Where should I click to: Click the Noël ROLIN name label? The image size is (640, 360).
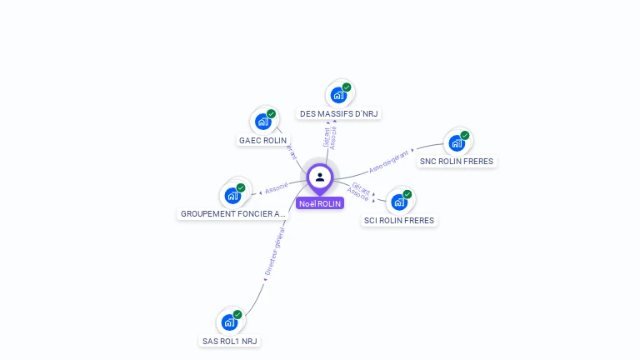[320, 203]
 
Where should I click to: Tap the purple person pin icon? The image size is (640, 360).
[320, 177]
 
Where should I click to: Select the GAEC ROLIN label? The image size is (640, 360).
[262, 140]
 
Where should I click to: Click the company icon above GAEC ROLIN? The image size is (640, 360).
[263, 121]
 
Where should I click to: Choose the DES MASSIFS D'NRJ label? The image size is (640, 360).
[339, 113]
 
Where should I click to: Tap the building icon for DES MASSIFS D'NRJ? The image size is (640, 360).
[338, 94]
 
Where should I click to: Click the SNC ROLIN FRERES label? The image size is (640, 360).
[457, 162]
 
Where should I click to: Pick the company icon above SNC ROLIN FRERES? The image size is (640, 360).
[457, 142]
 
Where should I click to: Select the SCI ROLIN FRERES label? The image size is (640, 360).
[399, 221]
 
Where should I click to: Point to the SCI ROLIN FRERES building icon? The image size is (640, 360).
[399, 202]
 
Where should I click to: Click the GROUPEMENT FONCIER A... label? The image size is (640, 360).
[232, 214]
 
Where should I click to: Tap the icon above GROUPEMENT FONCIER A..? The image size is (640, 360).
[232, 195]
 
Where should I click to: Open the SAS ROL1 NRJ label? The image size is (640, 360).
[230, 341]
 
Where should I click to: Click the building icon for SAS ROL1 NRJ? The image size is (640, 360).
[229, 322]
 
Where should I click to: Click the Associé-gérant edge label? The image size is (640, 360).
[390, 161]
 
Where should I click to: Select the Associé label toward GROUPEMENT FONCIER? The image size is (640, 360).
[277, 188]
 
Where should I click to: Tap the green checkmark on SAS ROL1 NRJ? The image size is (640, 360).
[237, 314]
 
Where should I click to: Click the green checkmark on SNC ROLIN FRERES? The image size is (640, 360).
[465, 135]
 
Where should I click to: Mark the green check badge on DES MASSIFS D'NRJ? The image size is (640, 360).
[347, 87]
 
